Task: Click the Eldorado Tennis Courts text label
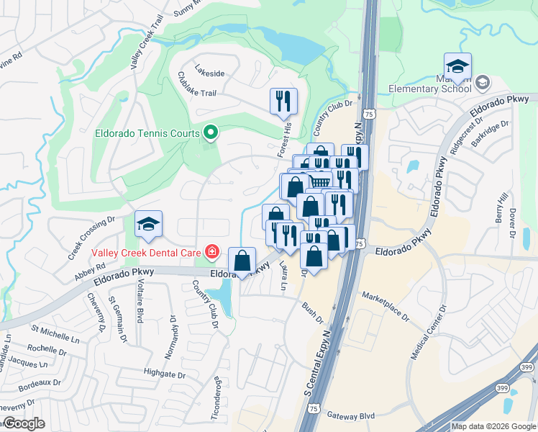coord(148,133)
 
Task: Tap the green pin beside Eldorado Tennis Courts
coord(211,132)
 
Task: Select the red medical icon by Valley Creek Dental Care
coord(211,252)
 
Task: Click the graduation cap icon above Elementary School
coord(457,67)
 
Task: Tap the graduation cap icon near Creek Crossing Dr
coord(148,225)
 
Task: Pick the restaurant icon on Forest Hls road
coord(283,102)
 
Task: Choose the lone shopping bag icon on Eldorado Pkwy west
coord(243,261)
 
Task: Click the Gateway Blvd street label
coord(351,415)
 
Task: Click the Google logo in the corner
coord(23,423)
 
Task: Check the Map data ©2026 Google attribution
coord(493,426)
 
